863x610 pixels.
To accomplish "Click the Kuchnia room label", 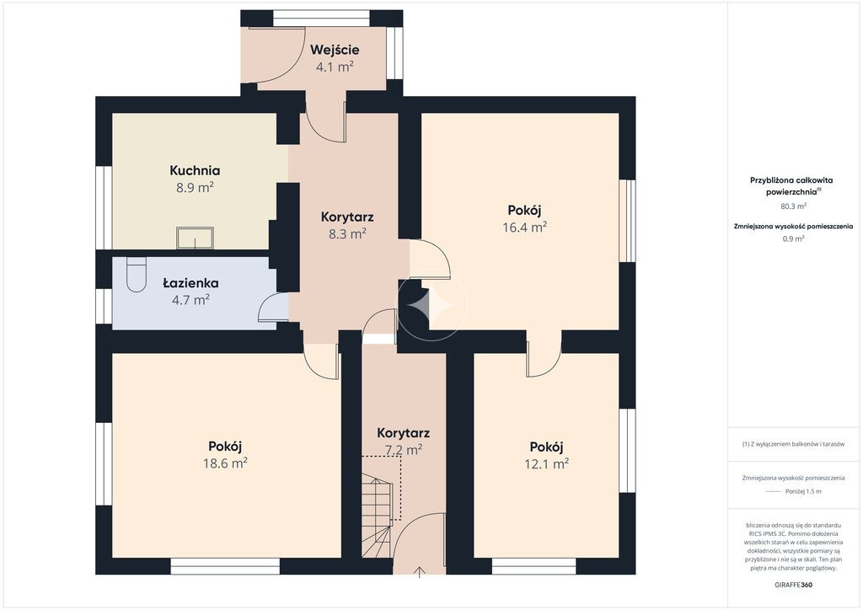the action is click(x=195, y=170).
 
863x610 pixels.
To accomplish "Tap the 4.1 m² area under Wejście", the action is click(x=334, y=67).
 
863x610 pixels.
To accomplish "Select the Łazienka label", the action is click(x=190, y=283).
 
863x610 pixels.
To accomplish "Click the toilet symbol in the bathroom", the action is click(x=136, y=275).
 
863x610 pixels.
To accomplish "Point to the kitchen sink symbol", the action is click(x=195, y=238).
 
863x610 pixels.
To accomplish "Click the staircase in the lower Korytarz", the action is click(x=377, y=517).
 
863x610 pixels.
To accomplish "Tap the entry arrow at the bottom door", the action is click(x=420, y=572).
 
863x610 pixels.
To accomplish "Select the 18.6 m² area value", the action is click(x=225, y=463).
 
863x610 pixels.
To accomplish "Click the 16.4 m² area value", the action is click(x=524, y=227).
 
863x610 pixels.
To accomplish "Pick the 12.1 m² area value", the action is click(x=546, y=463).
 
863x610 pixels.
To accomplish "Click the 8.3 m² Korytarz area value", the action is click(x=348, y=233).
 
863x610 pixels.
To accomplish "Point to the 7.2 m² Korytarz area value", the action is click(x=404, y=450).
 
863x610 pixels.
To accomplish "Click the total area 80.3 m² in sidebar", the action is click(x=793, y=206).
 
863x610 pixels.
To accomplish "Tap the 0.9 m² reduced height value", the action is click(x=793, y=238).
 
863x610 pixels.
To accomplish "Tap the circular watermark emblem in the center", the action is click(x=432, y=304).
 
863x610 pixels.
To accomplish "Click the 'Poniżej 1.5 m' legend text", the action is click(x=803, y=491).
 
